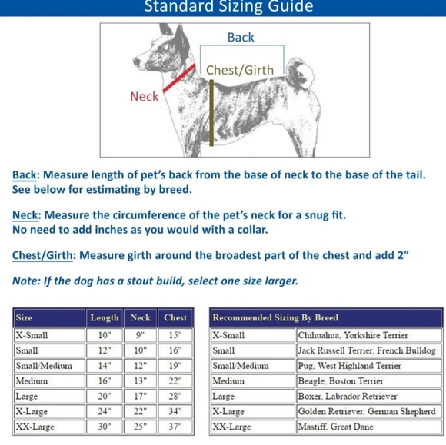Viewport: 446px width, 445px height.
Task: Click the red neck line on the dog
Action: tap(179, 78)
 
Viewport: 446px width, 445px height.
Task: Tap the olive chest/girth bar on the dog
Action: tap(211, 113)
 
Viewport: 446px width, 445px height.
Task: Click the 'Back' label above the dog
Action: tap(241, 37)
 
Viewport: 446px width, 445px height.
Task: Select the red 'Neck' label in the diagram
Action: tap(145, 96)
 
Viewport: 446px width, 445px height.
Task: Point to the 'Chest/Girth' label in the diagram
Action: tap(240, 70)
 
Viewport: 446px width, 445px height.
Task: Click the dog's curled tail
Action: tap(299, 73)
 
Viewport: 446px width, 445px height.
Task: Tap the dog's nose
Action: tap(135, 61)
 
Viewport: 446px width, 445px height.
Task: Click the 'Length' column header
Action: tap(105, 317)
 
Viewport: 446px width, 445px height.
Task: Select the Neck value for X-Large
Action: tap(140, 411)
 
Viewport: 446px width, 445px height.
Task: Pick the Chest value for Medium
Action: tap(175, 380)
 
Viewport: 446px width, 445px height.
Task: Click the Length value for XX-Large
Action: tap(105, 427)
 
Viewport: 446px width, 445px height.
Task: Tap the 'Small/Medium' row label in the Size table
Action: tap(44, 365)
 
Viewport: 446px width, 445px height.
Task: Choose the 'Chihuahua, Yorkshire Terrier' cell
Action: tap(353, 335)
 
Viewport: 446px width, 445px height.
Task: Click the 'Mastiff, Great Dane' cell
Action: tap(335, 427)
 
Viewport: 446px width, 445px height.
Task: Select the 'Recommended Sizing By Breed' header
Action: tap(275, 317)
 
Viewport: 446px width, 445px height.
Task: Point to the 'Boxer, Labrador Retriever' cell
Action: tap(348, 396)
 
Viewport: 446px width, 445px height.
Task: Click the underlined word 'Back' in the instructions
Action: tap(25, 175)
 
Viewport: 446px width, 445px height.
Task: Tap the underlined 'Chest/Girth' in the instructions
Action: tap(42, 255)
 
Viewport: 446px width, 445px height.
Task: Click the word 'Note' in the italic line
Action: tap(25, 281)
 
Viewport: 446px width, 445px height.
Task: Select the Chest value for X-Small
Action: tap(175, 335)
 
